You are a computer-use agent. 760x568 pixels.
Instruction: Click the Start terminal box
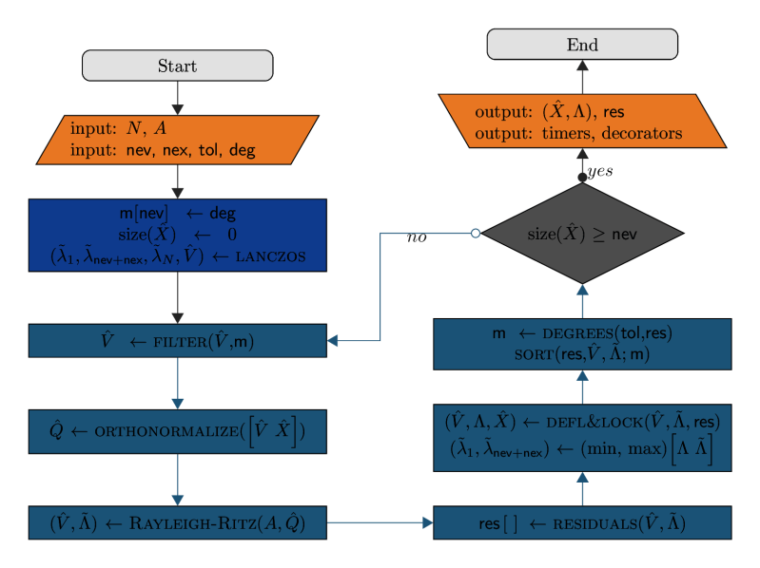pos(178,66)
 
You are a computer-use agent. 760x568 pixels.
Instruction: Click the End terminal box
pos(582,45)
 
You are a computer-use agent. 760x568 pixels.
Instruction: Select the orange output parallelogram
pos(582,121)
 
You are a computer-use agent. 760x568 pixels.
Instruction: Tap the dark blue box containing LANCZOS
pos(177,235)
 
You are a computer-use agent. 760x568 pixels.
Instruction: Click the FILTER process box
pos(177,340)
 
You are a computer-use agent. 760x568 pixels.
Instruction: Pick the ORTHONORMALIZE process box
pos(177,432)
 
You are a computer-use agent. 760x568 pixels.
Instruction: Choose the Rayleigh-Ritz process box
pos(177,521)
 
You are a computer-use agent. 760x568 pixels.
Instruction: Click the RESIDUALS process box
pos(582,523)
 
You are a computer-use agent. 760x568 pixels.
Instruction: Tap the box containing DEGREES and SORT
pos(582,343)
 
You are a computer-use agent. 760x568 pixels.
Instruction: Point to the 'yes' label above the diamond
pos(600,172)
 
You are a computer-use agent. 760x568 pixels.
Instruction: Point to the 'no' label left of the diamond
pos(417,237)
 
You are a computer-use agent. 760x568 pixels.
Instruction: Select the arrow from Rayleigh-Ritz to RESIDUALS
pos(380,522)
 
